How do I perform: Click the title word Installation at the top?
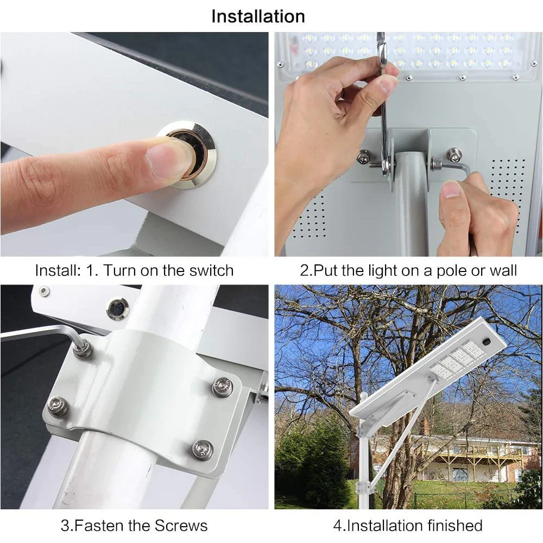pos(258,16)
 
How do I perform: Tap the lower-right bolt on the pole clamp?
pos(203,450)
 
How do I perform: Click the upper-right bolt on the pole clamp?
pos(222,387)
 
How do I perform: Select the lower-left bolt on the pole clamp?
pos(57,405)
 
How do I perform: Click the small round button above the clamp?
pos(117,308)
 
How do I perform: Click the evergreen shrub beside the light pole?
pos(315,462)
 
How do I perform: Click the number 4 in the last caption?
pos(336,526)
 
